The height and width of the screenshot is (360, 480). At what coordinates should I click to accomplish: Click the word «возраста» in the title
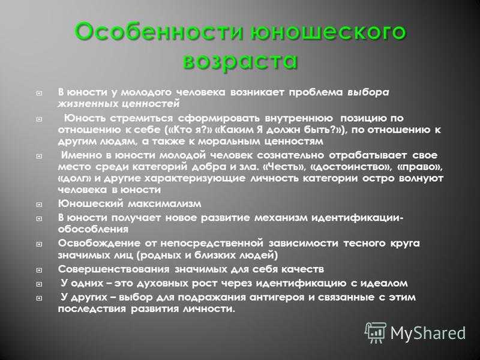pos(240,61)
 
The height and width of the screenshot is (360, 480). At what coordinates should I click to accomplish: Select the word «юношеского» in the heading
pos(328,32)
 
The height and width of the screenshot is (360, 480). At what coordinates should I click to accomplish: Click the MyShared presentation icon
pos(376,332)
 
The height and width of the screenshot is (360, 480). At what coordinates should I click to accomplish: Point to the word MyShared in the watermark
pos(428,333)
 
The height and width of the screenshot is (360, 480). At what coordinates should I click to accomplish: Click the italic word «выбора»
pos(368,92)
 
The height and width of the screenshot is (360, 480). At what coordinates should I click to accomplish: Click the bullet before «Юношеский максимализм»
pos(39,204)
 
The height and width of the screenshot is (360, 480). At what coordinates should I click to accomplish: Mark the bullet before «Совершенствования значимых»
pos(39,270)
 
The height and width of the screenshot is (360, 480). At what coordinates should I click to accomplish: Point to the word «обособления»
pos(94,229)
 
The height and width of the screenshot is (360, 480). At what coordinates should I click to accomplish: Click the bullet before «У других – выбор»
pos(39,298)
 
